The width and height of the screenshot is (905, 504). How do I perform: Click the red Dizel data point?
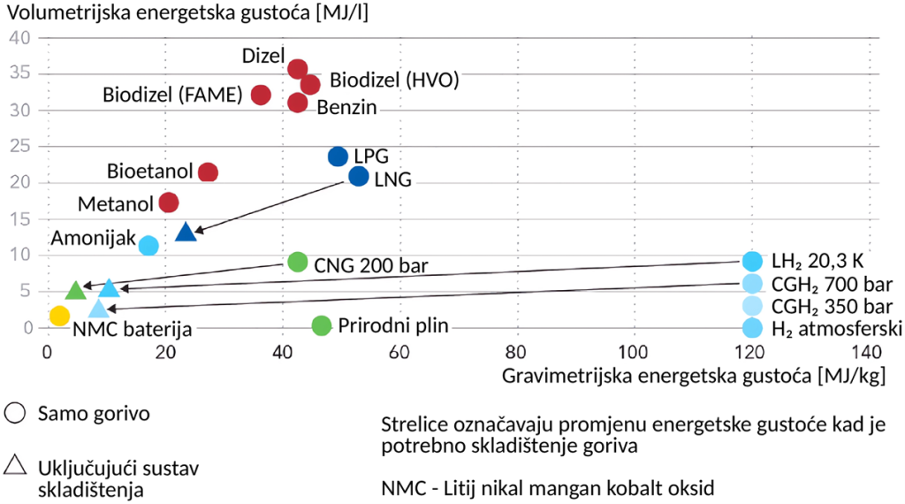(x=298, y=69)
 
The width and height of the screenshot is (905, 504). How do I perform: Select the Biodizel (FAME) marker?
(x=261, y=95)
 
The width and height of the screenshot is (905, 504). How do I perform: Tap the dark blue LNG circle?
(x=358, y=177)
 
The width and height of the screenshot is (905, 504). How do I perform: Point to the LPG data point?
(x=338, y=157)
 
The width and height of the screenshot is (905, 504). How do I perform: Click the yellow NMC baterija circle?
(x=59, y=316)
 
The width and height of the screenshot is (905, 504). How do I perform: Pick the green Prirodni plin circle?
(x=322, y=325)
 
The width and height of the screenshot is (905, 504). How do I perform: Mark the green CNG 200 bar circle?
(x=298, y=262)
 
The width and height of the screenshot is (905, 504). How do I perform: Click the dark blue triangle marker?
(x=186, y=233)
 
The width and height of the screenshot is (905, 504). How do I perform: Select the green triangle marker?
(x=76, y=290)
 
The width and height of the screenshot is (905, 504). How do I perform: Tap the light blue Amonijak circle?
(x=148, y=245)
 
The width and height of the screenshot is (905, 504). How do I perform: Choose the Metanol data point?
(x=169, y=202)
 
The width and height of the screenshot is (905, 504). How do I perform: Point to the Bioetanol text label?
(x=149, y=170)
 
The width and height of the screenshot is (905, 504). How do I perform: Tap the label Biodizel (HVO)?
(x=394, y=80)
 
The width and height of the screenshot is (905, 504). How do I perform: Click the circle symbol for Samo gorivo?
(x=14, y=413)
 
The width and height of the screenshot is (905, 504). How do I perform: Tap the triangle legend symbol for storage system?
(x=14, y=466)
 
